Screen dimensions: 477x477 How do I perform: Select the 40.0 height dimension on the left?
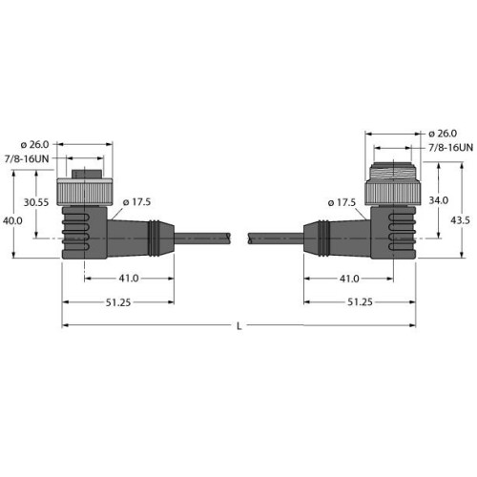tap(12, 220)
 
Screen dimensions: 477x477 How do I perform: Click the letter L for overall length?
tap(238, 327)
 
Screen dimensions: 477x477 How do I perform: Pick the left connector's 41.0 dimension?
tap(128, 279)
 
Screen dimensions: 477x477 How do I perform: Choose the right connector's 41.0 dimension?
tap(348, 279)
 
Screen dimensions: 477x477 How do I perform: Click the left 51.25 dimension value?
tap(118, 301)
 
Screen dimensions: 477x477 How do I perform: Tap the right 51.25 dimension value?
tap(359, 301)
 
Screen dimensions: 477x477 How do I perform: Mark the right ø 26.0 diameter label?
tap(444, 132)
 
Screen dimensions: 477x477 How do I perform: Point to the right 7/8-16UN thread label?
tap(446, 149)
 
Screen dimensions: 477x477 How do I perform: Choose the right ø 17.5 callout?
tap(341, 202)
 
